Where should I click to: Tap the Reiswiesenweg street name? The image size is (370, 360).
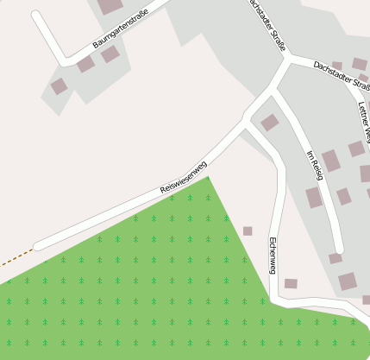[x=184, y=178]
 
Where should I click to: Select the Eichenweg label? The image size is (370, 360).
[x=273, y=255]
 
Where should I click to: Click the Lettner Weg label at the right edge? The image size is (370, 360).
[x=364, y=121]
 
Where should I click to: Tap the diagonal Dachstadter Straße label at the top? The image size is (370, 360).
[x=266, y=26]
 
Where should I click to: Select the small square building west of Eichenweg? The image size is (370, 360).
[x=248, y=231]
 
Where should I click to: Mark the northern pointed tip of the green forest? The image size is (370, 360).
[x=207, y=178]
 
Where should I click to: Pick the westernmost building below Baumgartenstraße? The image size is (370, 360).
[x=59, y=86]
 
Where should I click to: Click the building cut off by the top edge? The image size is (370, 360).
[x=110, y=6]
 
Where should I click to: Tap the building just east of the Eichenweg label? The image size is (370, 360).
[x=291, y=283]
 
